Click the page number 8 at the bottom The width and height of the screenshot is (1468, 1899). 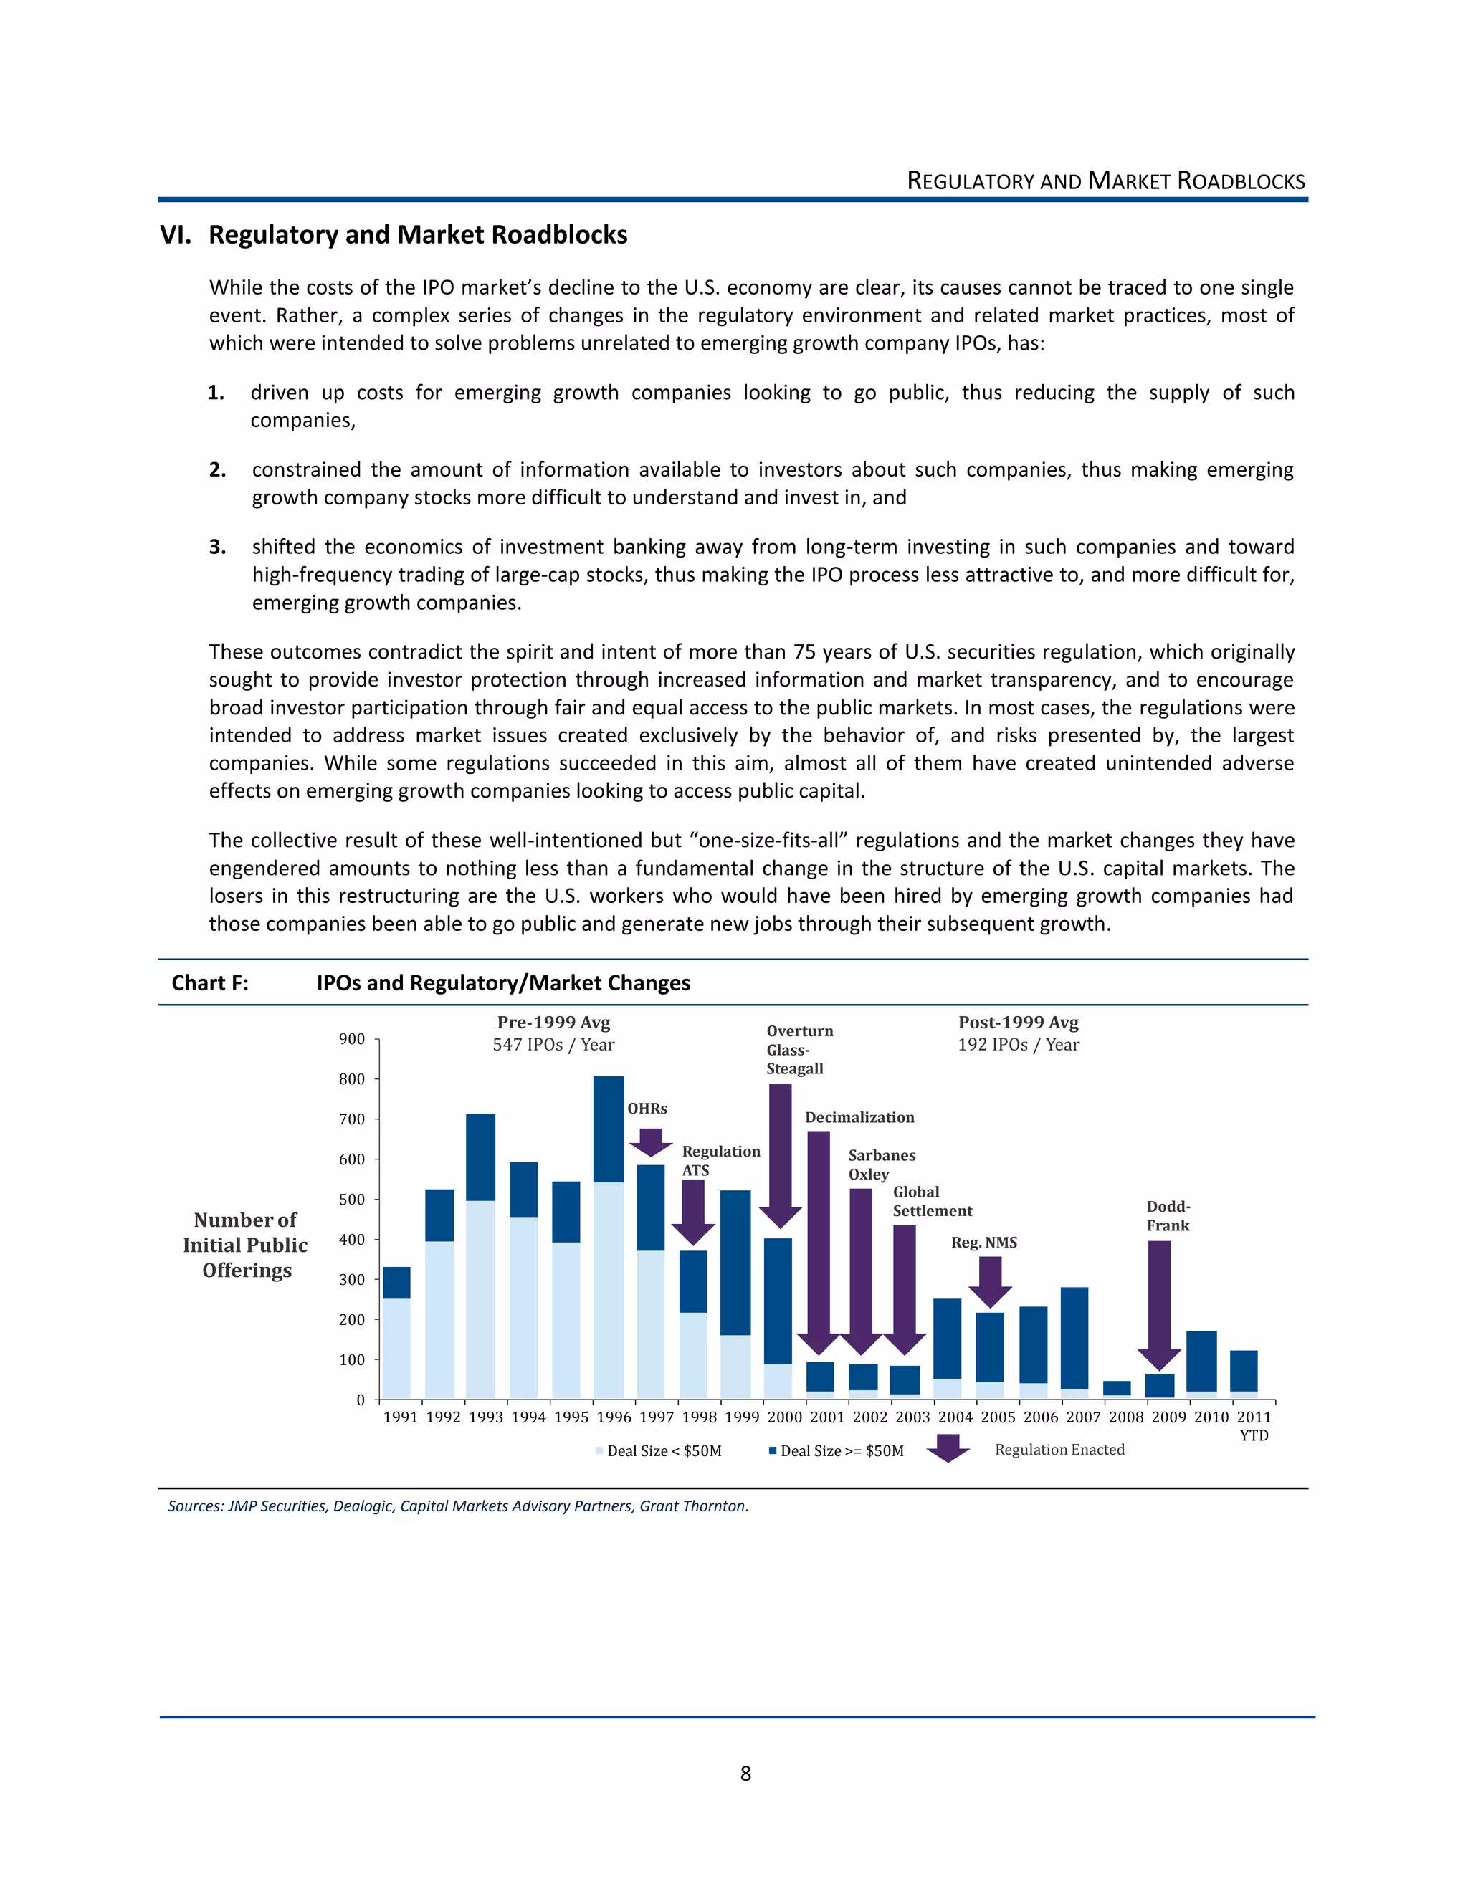pyautogui.click(x=745, y=1774)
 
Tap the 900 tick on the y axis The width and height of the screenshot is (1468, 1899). pyautogui.click(x=351, y=1039)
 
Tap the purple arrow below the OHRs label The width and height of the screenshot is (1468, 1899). pyautogui.click(x=651, y=1142)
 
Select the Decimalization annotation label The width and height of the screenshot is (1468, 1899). pyautogui.click(x=859, y=1117)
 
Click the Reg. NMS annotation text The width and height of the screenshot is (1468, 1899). pyautogui.click(x=983, y=1243)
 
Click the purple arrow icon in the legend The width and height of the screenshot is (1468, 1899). pyautogui.click(x=948, y=1448)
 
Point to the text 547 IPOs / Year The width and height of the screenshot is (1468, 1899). pyautogui.click(x=553, y=1044)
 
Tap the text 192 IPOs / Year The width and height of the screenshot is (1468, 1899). pyautogui.click(x=1019, y=1044)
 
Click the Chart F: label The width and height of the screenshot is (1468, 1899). pyautogui.click(x=209, y=982)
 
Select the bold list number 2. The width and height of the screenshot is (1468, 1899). pyautogui.click(x=217, y=470)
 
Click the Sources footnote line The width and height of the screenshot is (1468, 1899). pyautogui.click(x=457, y=1506)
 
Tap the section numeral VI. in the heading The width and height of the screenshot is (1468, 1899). pyautogui.click(x=176, y=235)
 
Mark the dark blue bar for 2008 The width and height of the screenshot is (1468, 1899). pyautogui.click(x=1117, y=1389)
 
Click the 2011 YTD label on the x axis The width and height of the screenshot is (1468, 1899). pyautogui.click(x=1253, y=1425)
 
